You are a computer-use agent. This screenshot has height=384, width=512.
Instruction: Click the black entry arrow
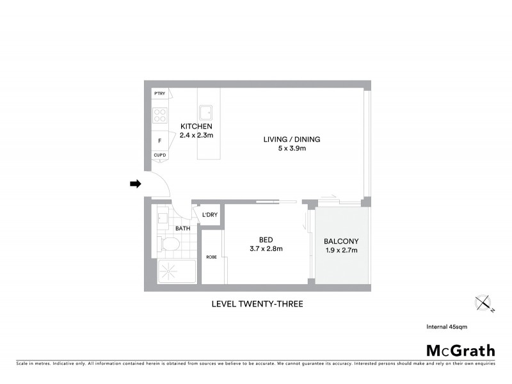pos(135,184)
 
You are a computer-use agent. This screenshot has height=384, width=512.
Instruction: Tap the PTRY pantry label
pos(159,95)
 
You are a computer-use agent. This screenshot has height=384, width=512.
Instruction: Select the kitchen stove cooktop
pos(160,116)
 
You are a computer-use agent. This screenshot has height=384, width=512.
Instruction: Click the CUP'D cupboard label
pos(159,155)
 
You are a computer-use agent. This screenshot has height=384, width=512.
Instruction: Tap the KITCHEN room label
pos(195,126)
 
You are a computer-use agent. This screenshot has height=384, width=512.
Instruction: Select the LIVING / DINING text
pos(291,140)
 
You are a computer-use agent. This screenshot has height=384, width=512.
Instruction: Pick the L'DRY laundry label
pos(210,215)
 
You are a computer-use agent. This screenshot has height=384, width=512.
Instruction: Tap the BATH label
pos(182,228)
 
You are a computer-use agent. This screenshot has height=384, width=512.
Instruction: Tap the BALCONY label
pos(341,241)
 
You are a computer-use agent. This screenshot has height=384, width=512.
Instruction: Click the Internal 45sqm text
pos(447,327)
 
